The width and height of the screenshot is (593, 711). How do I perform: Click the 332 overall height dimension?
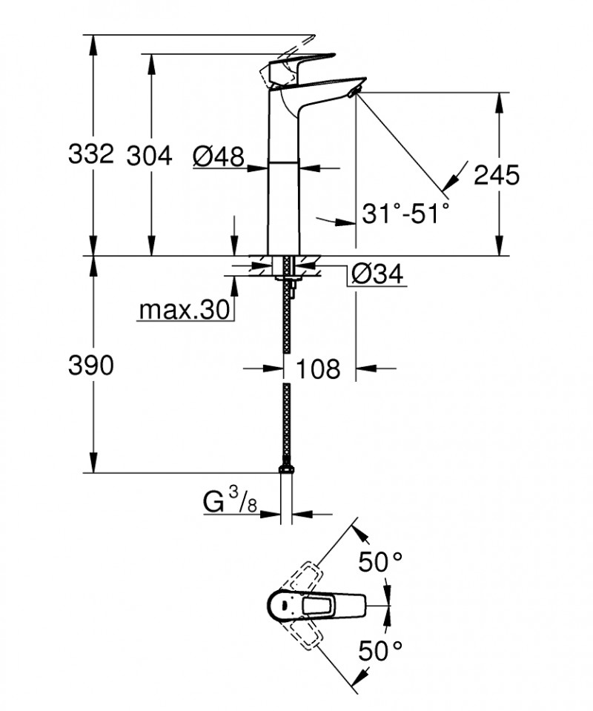point(90,155)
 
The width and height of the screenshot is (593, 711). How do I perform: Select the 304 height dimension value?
point(149,155)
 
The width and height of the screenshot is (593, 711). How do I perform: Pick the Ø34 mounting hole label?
point(376,274)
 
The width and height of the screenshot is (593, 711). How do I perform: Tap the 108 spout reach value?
point(319,368)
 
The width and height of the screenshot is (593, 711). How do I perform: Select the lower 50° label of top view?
point(382,652)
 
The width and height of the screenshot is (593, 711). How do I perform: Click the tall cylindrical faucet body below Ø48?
point(284,208)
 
